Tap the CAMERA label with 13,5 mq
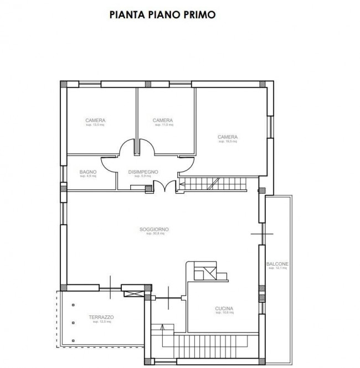[95, 120]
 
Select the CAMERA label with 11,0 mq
[162, 120]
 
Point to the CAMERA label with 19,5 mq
[227, 137]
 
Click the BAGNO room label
[88, 172]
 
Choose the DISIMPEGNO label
[143, 172]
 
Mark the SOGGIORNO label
[154, 229]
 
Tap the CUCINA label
[224, 308]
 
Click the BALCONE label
[277, 264]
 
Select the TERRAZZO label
[101, 317]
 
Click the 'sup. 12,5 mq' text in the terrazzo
[101, 322]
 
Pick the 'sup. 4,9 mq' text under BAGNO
[88, 177]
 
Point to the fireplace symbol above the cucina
[208, 272]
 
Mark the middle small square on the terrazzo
[73, 322]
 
